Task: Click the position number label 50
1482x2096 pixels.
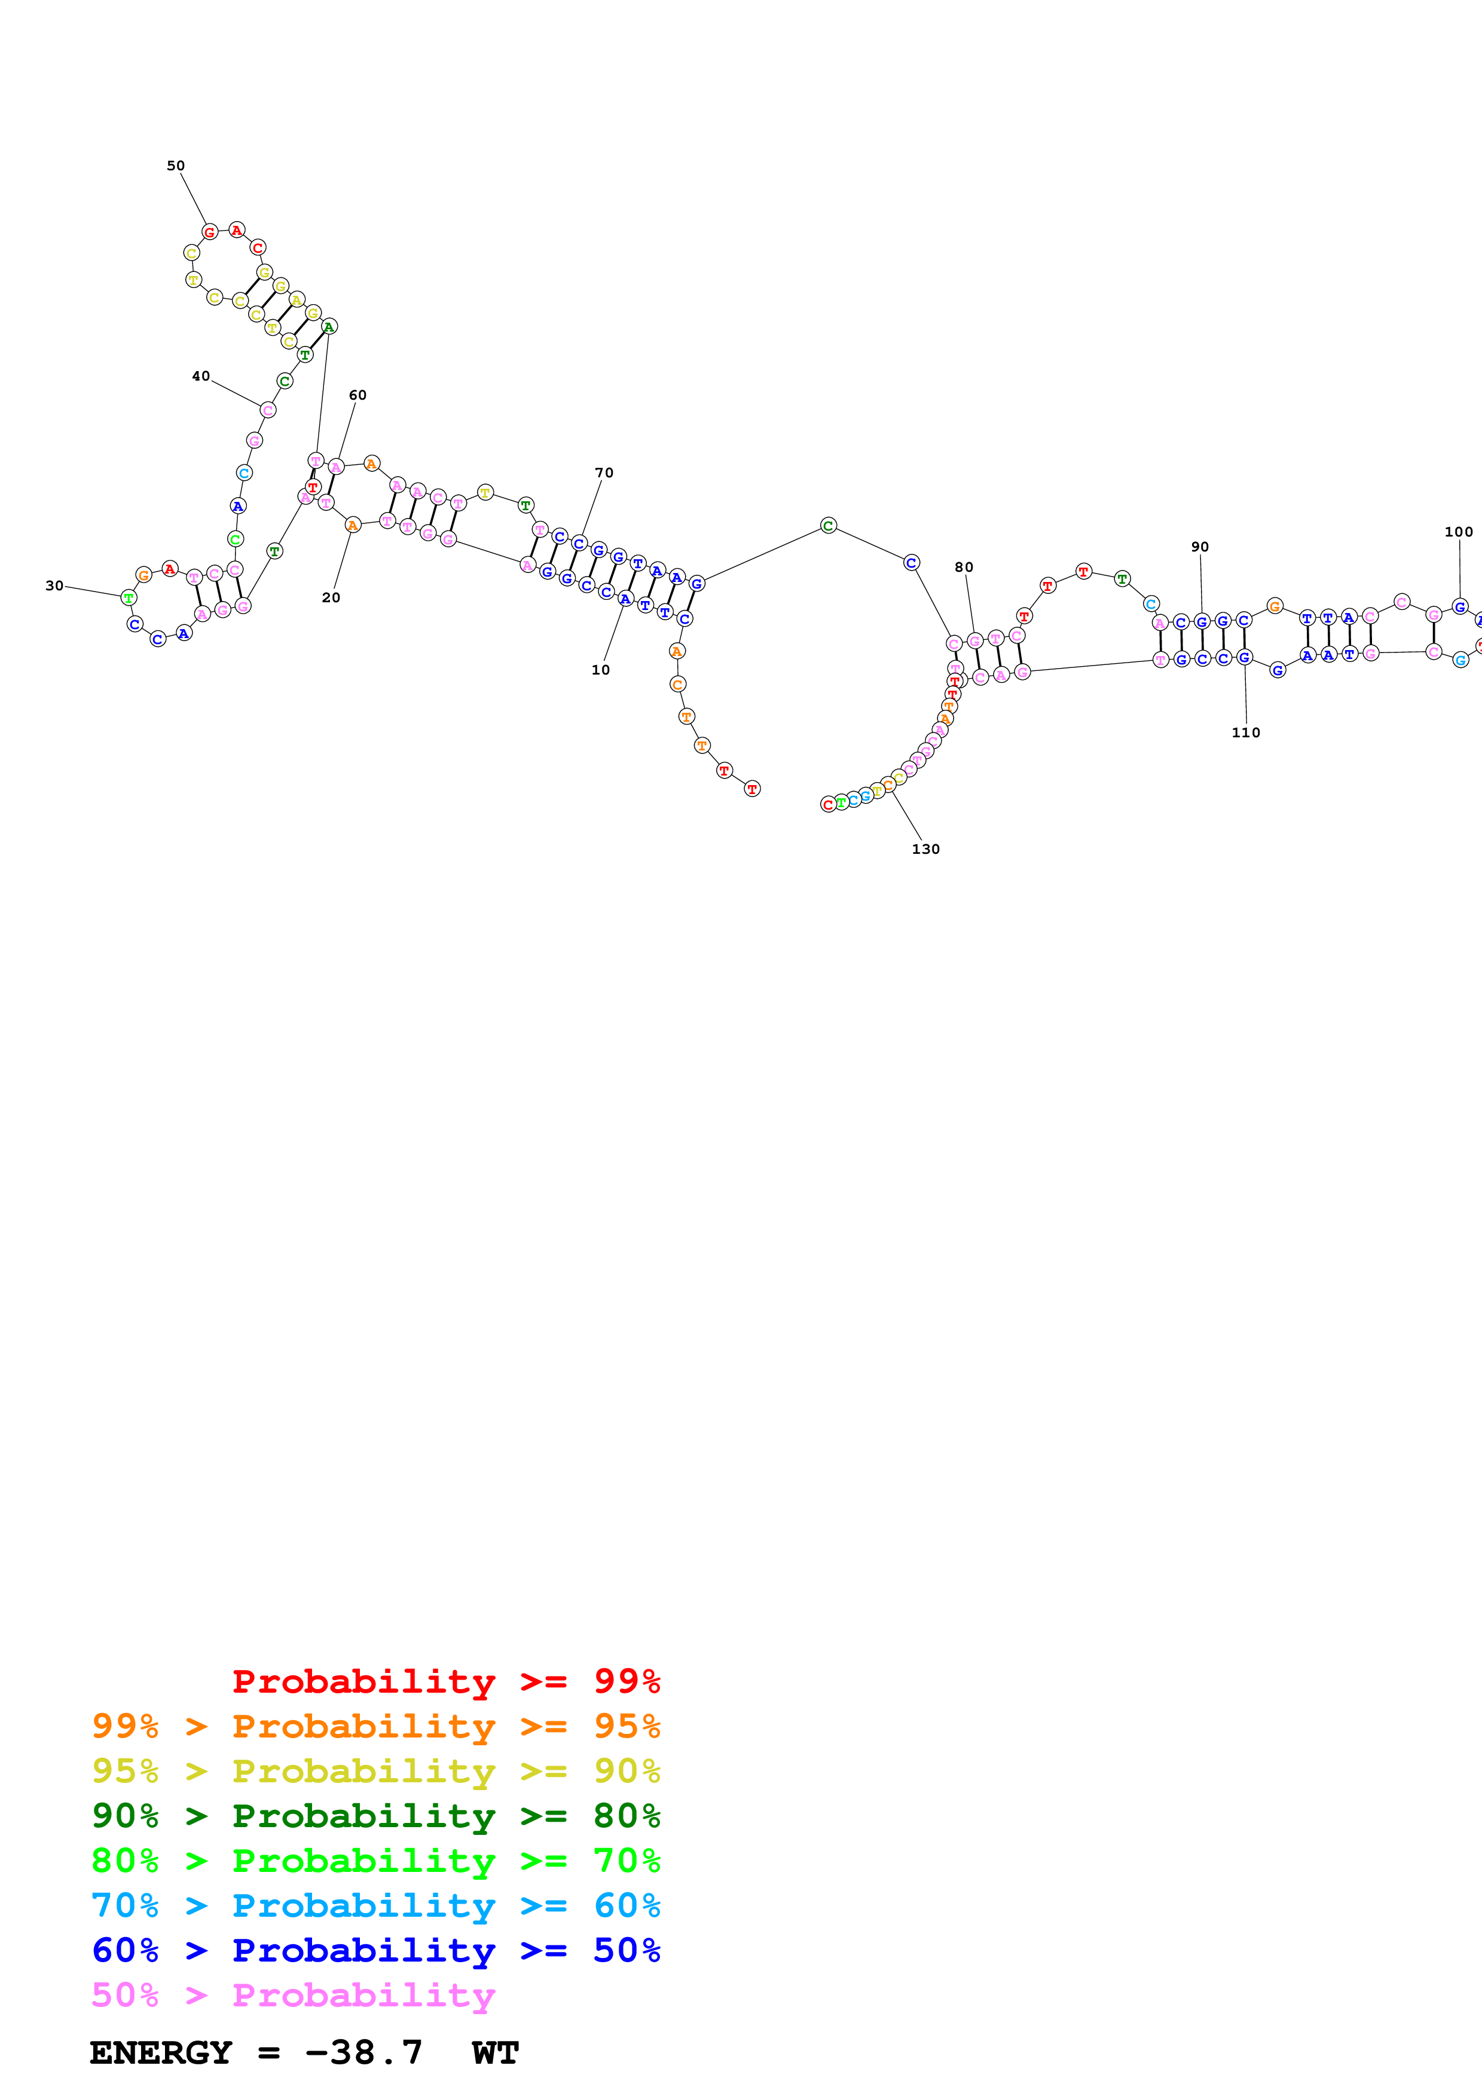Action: (x=175, y=166)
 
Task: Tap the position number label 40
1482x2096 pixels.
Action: (x=201, y=376)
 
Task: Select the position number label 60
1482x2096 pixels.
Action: (x=358, y=396)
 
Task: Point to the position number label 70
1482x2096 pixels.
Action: (x=604, y=473)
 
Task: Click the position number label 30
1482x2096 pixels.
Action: (x=55, y=586)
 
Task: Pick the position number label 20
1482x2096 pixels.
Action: (x=331, y=598)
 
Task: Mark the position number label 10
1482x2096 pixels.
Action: (x=601, y=670)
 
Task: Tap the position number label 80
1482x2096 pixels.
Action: (x=964, y=568)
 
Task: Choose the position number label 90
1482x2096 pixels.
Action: (x=1200, y=547)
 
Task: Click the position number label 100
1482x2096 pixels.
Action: (x=1458, y=532)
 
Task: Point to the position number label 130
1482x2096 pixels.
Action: (x=926, y=850)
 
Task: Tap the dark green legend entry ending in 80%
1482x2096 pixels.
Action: (x=376, y=1816)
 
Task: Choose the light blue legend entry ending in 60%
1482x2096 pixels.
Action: (x=376, y=1906)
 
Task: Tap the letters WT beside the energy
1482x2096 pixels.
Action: (x=496, y=2053)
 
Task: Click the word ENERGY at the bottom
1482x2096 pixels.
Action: (x=161, y=2053)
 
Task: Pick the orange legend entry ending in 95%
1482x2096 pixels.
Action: (x=376, y=1727)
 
